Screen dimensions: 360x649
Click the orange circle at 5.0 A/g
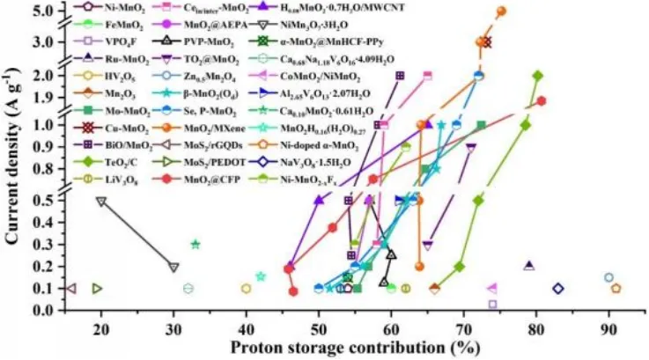[501, 11]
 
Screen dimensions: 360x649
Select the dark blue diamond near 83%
[558, 289]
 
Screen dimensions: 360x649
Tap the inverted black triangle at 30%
[173, 267]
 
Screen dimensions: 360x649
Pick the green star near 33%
[195, 244]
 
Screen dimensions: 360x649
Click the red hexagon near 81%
[542, 100]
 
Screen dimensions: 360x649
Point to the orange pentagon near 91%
[616, 288]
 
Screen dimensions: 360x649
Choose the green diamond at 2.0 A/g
[538, 76]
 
